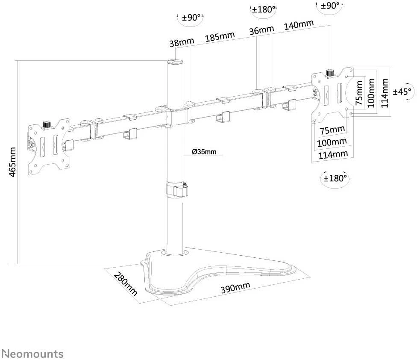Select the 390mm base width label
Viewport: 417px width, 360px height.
coord(235,287)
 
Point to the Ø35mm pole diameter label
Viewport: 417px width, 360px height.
coord(204,152)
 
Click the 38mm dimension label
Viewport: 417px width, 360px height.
coord(182,42)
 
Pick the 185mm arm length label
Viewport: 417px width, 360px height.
coord(220,36)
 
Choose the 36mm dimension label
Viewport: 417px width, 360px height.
coord(261,30)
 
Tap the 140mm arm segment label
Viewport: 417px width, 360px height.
coord(299,25)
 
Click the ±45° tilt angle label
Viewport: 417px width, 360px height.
coord(403,92)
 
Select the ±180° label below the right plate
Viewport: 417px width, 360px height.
coord(335,178)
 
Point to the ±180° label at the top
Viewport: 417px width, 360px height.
coord(263,9)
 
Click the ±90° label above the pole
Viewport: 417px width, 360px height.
coord(191,18)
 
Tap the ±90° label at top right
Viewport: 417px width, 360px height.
coord(330,6)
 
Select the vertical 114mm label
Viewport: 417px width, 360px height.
coord(385,93)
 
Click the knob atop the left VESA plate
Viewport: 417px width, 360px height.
coord(47,124)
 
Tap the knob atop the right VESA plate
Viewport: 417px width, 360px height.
coord(330,73)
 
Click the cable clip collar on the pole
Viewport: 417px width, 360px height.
coord(176,189)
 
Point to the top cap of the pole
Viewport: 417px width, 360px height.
coord(175,62)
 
